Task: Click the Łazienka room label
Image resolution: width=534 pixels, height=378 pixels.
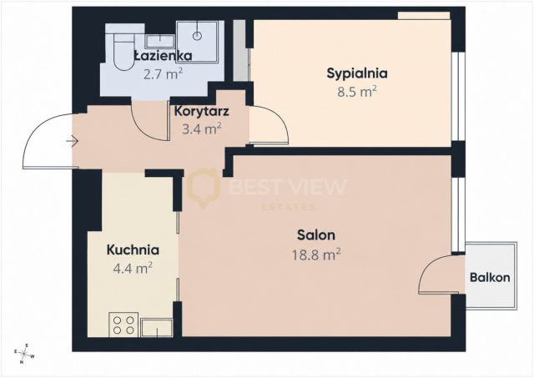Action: click(164, 56)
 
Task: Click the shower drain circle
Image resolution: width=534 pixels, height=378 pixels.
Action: click(197, 35)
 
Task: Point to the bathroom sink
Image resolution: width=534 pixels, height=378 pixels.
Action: click(160, 42)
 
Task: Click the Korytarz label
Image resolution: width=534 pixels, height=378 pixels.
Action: click(201, 111)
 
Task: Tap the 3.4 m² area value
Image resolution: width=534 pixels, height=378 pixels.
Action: click(202, 129)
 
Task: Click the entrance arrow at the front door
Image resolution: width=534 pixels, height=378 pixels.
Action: click(73, 140)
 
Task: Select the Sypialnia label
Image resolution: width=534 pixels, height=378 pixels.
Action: click(357, 73)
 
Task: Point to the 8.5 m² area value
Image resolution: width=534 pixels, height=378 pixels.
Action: click(357, 92)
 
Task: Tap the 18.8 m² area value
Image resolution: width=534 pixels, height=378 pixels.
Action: click(316, 254)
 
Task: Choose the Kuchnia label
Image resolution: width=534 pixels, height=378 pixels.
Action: click(133, 250)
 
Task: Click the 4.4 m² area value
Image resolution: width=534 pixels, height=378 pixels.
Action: click(133, 269)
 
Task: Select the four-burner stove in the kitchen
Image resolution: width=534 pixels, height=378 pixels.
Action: click(123, 325)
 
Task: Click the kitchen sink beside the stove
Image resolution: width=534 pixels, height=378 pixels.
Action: click(157, 328)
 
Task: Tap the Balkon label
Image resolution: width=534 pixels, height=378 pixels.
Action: click(490, 278)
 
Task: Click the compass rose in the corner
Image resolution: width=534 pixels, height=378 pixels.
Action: click(24, 354)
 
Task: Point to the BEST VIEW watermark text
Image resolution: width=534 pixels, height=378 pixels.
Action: click(288, 187)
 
